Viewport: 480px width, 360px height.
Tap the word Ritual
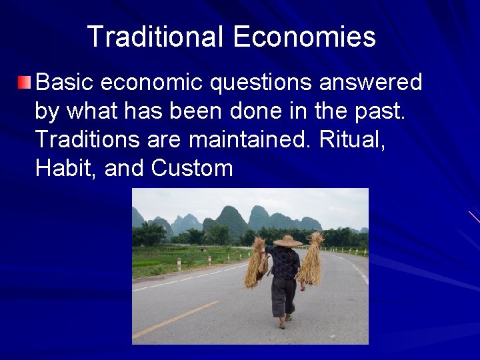[353, 139]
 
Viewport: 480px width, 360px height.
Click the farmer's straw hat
[287, 241]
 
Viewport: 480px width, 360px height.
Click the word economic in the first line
[155, 83]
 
